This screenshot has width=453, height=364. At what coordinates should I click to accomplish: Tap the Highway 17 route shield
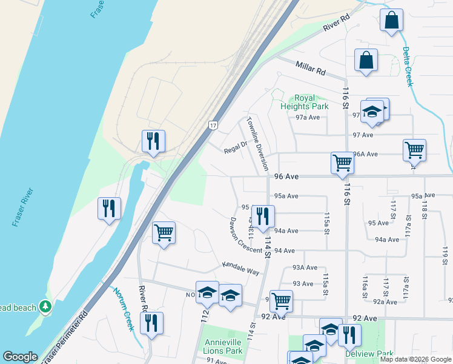coord(213,125)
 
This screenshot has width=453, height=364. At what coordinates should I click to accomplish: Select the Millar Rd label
coord(311,67)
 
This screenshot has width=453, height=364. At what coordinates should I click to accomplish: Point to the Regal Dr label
coord(236,146)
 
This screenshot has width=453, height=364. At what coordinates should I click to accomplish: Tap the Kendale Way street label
coord(240,268)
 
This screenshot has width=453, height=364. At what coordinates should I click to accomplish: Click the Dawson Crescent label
coord(245,236)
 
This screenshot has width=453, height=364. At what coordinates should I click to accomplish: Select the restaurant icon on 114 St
coord(263,216)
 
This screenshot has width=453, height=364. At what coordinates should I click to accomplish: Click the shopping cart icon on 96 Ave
coord(342,163)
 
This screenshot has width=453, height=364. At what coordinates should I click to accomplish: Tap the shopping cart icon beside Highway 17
coord(164,232)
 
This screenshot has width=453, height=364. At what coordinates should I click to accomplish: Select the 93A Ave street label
coord(305,268)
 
